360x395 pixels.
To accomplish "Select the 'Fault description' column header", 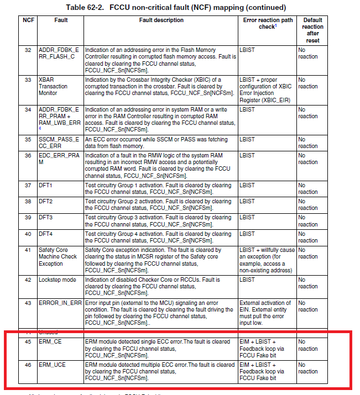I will tap(161, 20).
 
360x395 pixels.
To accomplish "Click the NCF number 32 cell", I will tap(28, 50).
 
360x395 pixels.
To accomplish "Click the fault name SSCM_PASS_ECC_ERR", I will tap(59, 143).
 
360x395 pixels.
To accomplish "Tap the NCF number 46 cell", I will tap(28, 365).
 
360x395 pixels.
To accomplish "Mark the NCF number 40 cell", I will tap(28, 234).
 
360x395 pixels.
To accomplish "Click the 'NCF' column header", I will tap(28, 20).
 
